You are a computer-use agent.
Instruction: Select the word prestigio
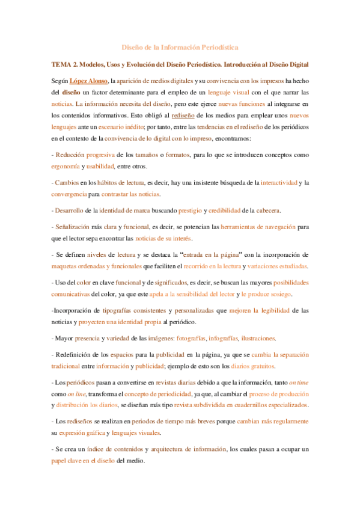pos(191,210)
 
